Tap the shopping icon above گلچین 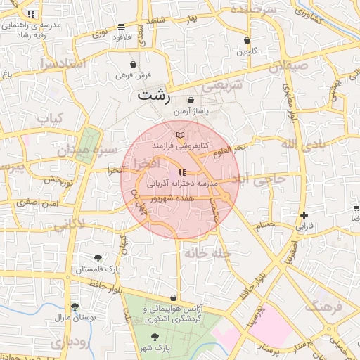pos(247,40)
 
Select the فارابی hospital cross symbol pos(303,215)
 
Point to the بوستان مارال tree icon pos(75,306)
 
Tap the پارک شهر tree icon pos(155,337)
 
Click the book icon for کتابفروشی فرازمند pos(181,134)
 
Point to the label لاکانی pos(69,224)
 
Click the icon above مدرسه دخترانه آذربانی pos(182,172)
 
